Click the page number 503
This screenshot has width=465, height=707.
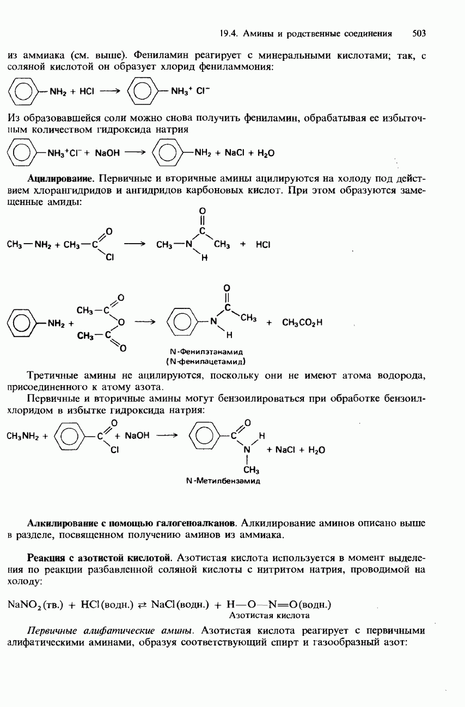coord(418,34)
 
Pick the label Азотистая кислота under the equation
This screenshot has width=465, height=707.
coord(270,615)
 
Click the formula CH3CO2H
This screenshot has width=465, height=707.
coord(302,323)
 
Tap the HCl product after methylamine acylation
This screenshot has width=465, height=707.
coord(263,245)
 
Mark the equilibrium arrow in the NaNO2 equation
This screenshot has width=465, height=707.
coord(143,605)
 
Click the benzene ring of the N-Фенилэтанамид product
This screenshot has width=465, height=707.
coord(180,323)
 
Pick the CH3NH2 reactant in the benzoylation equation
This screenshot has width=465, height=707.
coord(24,436)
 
